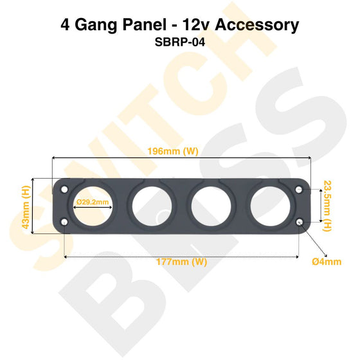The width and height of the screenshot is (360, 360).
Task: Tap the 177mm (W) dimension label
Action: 181,262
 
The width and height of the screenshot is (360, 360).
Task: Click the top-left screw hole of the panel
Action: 64,189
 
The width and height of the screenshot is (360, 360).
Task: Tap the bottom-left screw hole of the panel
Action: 64,222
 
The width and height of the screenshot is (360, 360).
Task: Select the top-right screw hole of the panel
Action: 300,189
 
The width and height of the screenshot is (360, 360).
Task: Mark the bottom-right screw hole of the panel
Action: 300,222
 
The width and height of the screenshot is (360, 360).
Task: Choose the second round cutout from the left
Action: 151,206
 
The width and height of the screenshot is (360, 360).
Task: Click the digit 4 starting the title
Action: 66,25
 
